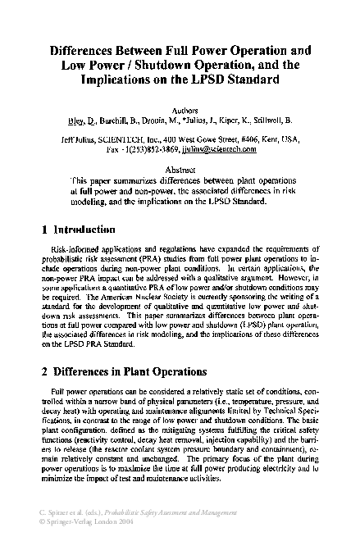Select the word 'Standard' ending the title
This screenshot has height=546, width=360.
251,80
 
